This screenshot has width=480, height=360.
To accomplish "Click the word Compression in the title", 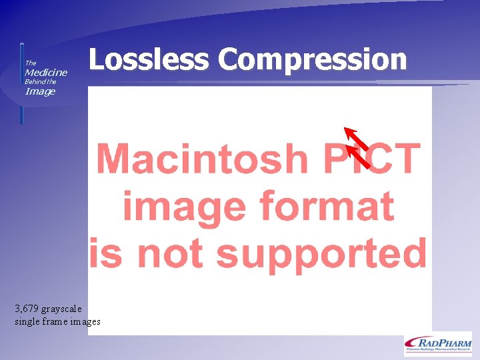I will (x=312, y=59).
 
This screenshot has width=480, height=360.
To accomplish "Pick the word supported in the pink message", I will (x=321, y=253).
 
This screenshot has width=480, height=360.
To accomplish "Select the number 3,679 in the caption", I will (x=27, y=309).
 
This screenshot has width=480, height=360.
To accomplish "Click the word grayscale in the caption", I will (x=62, y=309).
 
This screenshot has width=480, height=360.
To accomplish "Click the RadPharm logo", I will (x=437, y=343).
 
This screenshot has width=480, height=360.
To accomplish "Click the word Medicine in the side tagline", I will (x=46, y=72).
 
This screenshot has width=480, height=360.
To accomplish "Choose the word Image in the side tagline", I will (x=40, y=91).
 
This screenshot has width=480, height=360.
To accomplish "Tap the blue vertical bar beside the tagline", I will (x=21, y=83).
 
